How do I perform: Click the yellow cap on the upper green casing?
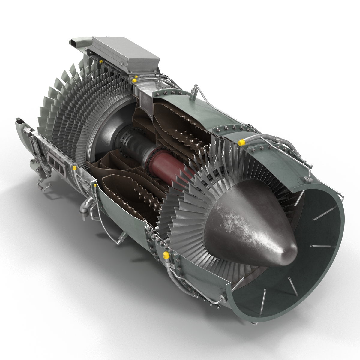pos(240,142)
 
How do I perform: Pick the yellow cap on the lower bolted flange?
pos(165,255)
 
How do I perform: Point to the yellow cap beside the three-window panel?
pos(74,167)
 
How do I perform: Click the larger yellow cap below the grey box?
pos(135,79)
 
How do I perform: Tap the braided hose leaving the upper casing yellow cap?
pos(261,138)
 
